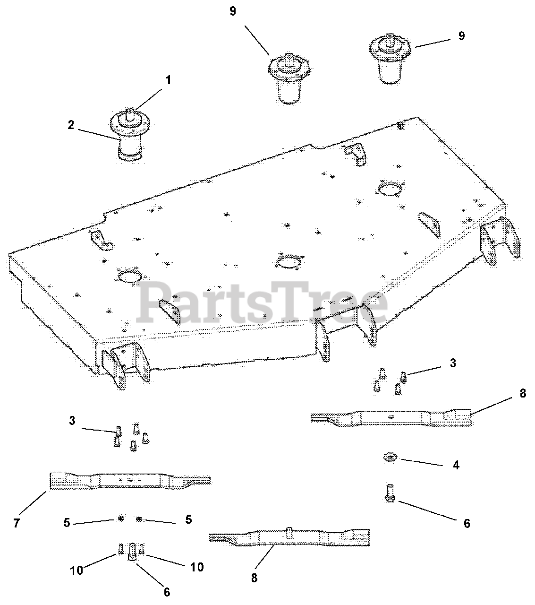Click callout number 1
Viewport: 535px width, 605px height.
(x=168, y=80)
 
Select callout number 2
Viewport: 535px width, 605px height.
(x=71, y=125)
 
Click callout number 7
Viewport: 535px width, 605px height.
(x=17, y=523)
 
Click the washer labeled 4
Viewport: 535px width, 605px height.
(x=390, y=457)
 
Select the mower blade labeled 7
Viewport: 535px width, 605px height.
(x=130, y=481)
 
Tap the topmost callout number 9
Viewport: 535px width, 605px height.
(x=233, y=11)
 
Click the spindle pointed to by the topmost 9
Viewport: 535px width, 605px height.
(x=289, y=78)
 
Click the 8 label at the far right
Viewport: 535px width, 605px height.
(x=523, y=393)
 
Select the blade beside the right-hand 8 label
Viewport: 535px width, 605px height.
(x=391, y=417)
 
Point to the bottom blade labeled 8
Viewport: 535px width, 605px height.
(x=289, y=536)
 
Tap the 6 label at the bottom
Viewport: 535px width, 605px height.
(x=167, y=592)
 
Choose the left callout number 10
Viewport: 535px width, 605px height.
(x=76, y=570)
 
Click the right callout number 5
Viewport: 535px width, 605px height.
(x=188, y=519)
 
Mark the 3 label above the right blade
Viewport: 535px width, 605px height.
(x=453, y=363)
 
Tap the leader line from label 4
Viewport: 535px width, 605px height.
(x=421, y=462)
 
